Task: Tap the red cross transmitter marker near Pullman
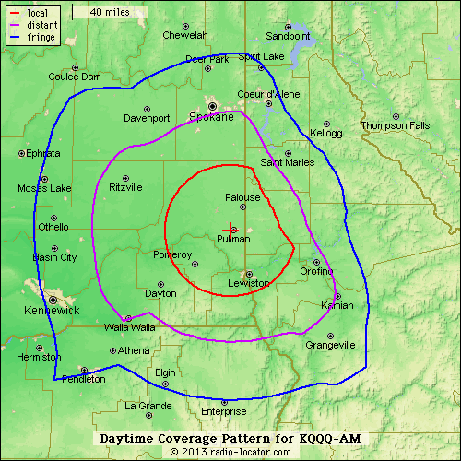(x=229, y=228)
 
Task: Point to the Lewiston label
(x=249, y=283)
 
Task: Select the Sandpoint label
(x=288, y=36)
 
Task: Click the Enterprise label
(x=224, y=411)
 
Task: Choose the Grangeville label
(x=330, y=346)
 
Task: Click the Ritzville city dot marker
(x=125, y=176)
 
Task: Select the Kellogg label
(x=325, y=133)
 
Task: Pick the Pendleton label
(x=82, y=379)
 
